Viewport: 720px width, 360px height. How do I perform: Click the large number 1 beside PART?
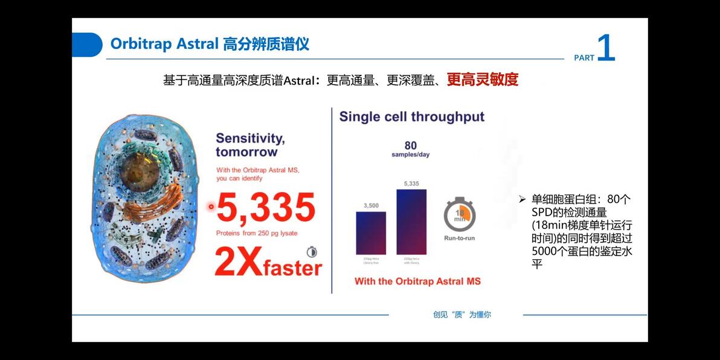click(x=606, y=48)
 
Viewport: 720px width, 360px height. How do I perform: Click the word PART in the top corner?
click(x=584, y=58)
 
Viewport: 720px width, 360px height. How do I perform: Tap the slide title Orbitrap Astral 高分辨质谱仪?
click(x=210, y=44)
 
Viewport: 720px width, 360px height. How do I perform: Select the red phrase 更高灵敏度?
click(x=482, y=80)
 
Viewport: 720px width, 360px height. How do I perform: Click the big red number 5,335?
click(x=266, y=208)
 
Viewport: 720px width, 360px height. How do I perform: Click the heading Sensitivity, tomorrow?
click(x=250, y=145)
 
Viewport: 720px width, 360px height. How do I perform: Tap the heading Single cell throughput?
click(x=411, y=117)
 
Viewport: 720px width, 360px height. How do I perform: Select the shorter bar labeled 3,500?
click(x=370, y=233)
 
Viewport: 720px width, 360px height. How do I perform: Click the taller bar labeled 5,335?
click(x=411, y=222)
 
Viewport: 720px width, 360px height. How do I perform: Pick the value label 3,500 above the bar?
click(x=371, y=205)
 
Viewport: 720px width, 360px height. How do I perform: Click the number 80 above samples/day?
click(x=411, y=146)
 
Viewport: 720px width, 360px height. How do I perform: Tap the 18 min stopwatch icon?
click(x=459, y=214)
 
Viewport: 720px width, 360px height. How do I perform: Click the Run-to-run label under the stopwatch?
click(x=459, y=238)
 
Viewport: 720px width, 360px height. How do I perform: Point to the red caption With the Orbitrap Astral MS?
click(x=417, y=281)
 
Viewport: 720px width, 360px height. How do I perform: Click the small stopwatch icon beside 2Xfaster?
click(x=312, y=252)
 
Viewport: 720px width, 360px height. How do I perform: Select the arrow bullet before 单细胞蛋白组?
click(x=522, y=199)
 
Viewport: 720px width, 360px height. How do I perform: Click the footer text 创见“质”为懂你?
click(x=461, y=315)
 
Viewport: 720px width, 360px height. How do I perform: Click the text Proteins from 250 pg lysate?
click(x=257, y=233)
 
